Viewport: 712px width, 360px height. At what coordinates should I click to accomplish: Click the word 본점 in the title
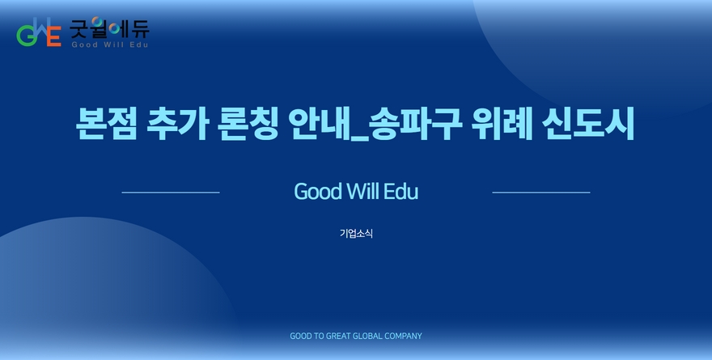tap(106, 124)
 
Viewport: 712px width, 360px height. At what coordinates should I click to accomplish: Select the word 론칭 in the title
tap(248, 124)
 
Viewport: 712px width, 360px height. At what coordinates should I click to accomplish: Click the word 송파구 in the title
tap(415, 124)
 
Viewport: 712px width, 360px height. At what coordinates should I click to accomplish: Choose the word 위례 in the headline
tap(502, 124)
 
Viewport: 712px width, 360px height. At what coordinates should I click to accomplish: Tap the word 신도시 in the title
tap(588, 124)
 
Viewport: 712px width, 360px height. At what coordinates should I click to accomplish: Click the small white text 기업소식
tap(357, 233)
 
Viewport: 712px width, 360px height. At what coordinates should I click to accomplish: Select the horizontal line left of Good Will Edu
tap(171, 193)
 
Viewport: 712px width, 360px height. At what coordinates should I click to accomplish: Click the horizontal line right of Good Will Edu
tap(541, 193)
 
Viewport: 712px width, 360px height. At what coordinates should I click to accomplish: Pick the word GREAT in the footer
tap(339, 336)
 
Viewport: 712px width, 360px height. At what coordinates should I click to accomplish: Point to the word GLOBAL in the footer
tap(368, 336)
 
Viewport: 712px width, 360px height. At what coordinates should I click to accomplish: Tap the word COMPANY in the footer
tap(403, 336)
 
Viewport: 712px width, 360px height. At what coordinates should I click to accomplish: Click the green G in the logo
tap(25, 36)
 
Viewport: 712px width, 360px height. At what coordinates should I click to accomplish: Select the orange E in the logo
tap(54, 36)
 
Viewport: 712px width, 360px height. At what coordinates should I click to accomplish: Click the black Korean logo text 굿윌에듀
tap(109, 28)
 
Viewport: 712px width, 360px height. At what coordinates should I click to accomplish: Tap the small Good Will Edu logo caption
tap(110, 44)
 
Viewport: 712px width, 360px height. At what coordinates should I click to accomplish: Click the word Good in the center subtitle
tap(318, 191)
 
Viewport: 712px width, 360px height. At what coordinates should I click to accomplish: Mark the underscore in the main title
tap(359, 139)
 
